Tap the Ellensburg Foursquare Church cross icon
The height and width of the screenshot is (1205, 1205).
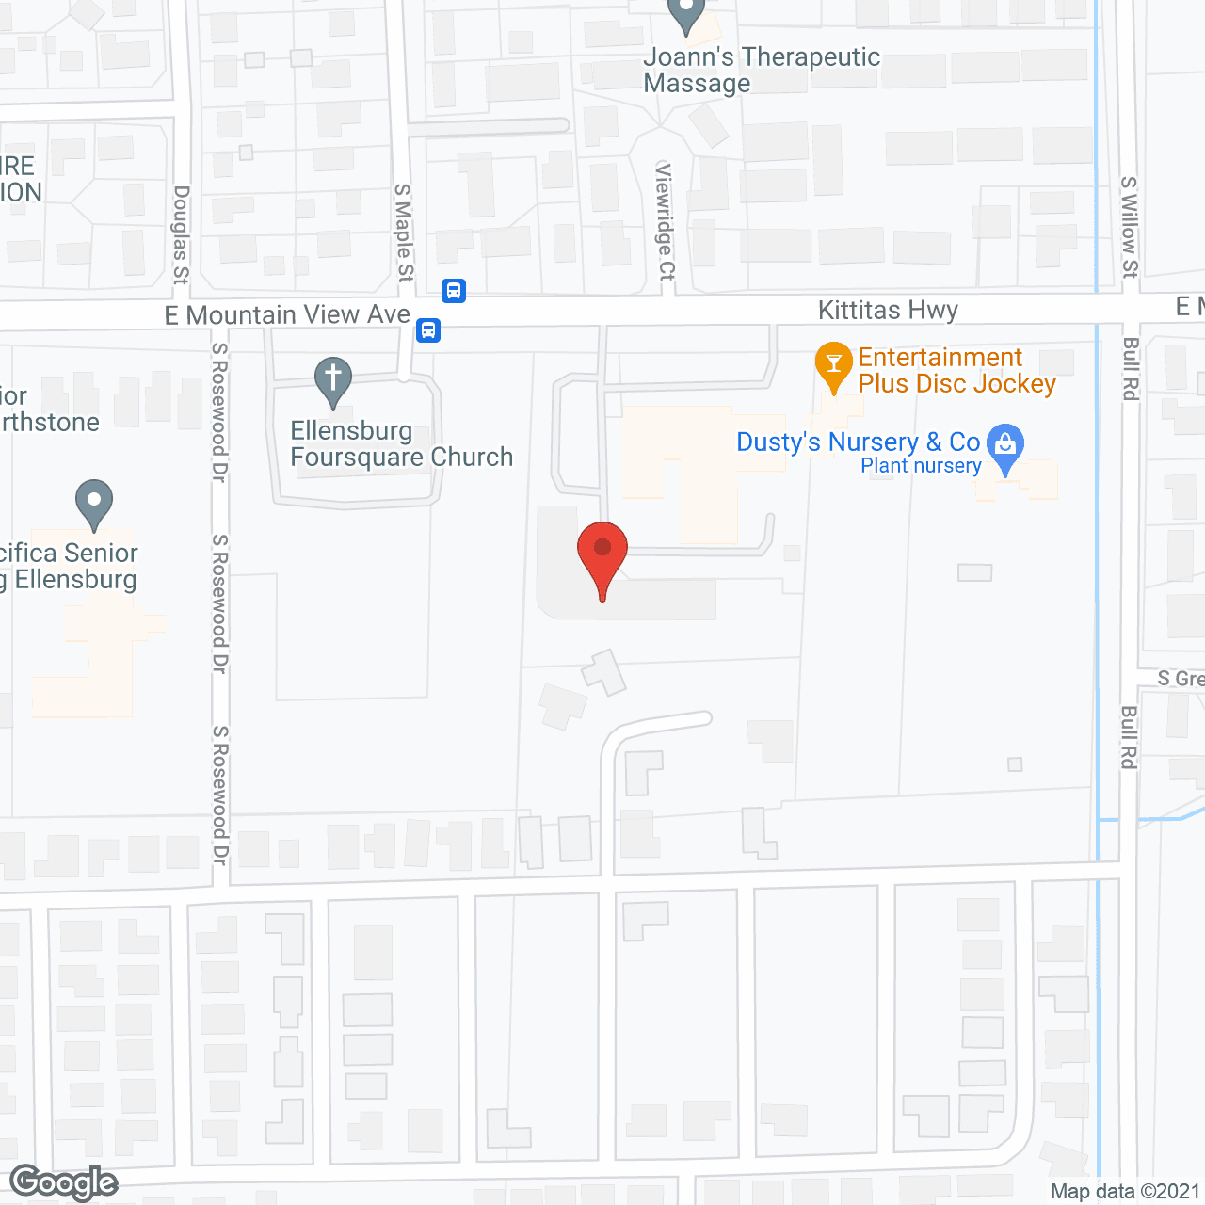click(332, 379)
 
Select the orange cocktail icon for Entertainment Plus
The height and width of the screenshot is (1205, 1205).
click(833, 365)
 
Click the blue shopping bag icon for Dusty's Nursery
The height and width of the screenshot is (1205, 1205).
click(1006, 445)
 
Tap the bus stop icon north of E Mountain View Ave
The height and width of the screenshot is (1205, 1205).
click(454, 290)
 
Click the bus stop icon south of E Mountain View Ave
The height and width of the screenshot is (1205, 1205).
click(428, 330)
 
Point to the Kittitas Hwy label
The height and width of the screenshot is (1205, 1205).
click(888, 311)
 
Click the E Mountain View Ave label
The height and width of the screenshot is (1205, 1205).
click(287, 314)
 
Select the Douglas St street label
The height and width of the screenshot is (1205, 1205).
click(181, 234)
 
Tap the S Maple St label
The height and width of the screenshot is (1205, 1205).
click(404, 233)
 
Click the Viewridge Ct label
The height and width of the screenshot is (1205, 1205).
click(666, 221)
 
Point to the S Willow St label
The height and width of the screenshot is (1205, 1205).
click(1130, 227)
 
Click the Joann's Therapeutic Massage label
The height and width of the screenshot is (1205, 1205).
click(761, 71)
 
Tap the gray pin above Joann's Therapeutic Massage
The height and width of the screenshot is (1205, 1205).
click(686, 14)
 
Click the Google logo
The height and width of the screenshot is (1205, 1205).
click(63, 1182)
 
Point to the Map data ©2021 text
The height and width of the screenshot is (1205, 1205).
click(1125, 1192)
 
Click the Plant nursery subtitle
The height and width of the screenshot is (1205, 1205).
click(921, 466)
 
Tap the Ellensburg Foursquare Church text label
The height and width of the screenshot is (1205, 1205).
click(401, 444)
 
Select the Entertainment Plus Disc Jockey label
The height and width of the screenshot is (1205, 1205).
click(956, 371)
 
